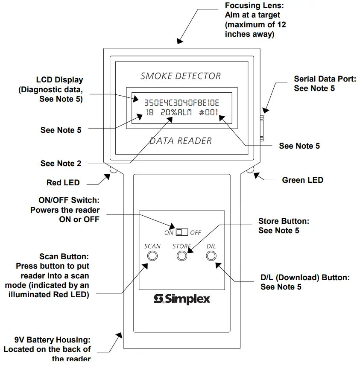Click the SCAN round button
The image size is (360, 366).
tap(152, 256)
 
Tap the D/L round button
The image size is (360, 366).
tap(211, 256)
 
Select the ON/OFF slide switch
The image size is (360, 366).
tap(182, 232)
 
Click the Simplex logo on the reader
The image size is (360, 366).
tap(182, 299)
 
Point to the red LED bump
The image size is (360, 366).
tap(114, 170)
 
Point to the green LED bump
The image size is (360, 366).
tap(251, 170)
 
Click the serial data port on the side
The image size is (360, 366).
tap(262, 127)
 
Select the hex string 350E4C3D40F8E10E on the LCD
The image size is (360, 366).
tap(181, 103)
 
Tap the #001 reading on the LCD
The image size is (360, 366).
tap(209, 113)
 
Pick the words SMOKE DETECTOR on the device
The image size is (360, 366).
tap(181, 76)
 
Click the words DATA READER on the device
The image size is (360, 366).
tap(181, 141)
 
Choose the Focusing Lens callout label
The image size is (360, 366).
tap(255, 20)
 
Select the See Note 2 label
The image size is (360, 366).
tap(61, 163)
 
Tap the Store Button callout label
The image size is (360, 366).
tap(284, 226)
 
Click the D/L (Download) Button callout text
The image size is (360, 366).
tap(304, 282)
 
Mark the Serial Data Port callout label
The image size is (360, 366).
tap(325, 83)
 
